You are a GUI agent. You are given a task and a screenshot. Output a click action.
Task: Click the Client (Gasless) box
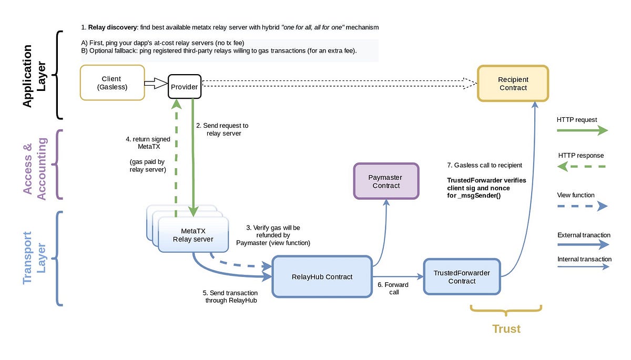point(112,83)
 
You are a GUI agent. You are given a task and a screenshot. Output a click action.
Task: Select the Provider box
point(184,87)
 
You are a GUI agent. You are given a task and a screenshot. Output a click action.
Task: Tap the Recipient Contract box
point(513,84)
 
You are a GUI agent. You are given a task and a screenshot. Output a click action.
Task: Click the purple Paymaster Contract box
point(386,181)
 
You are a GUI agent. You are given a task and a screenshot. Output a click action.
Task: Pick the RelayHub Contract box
point(322,276)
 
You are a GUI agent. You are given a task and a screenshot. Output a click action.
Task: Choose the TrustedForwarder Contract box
point(462,276)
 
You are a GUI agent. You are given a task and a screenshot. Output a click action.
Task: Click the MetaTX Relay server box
point(193,235)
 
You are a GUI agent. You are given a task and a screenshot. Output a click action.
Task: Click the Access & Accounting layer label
point(35,165)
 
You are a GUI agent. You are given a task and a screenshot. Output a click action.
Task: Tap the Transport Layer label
point(34,258)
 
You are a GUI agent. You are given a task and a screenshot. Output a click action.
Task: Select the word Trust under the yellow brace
point(506,329)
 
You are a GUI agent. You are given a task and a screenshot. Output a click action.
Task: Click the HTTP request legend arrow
point(582,131)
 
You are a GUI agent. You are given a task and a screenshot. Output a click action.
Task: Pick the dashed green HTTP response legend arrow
point(582,167)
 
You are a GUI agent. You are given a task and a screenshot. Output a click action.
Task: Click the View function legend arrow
point(582,207)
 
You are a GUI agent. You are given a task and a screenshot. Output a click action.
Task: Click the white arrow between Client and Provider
point(156,83)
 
